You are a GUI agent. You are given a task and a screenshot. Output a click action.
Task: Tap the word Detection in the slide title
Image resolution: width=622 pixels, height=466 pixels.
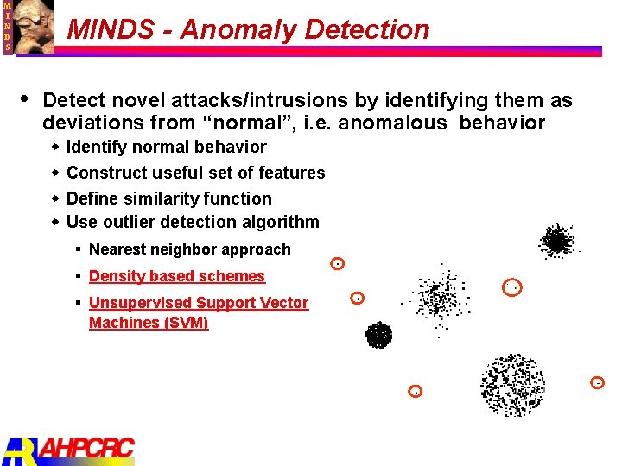coord(365,30)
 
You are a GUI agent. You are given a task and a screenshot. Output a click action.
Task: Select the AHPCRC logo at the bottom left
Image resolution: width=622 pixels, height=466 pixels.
coord(69,450)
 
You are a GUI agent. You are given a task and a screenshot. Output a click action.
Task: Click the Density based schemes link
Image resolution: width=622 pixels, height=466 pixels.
coord(176,276)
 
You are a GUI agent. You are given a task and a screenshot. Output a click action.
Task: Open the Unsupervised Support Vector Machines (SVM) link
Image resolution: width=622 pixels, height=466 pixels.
coord(198,312)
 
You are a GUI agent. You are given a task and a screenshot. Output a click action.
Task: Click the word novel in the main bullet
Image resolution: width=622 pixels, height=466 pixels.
coord(129,101)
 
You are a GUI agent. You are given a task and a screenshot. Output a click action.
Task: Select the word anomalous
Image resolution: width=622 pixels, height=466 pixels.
coord(392,123)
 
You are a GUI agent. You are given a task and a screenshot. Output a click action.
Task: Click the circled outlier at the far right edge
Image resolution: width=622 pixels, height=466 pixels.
coord(597,381)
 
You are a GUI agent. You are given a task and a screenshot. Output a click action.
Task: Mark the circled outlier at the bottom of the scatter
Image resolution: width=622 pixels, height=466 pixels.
coord(416,391)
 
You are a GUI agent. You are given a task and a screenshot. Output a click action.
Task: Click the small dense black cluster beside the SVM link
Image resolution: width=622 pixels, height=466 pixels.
coord(378,334)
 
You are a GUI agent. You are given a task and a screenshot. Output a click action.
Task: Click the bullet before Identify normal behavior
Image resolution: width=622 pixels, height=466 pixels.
coord(55,148)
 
